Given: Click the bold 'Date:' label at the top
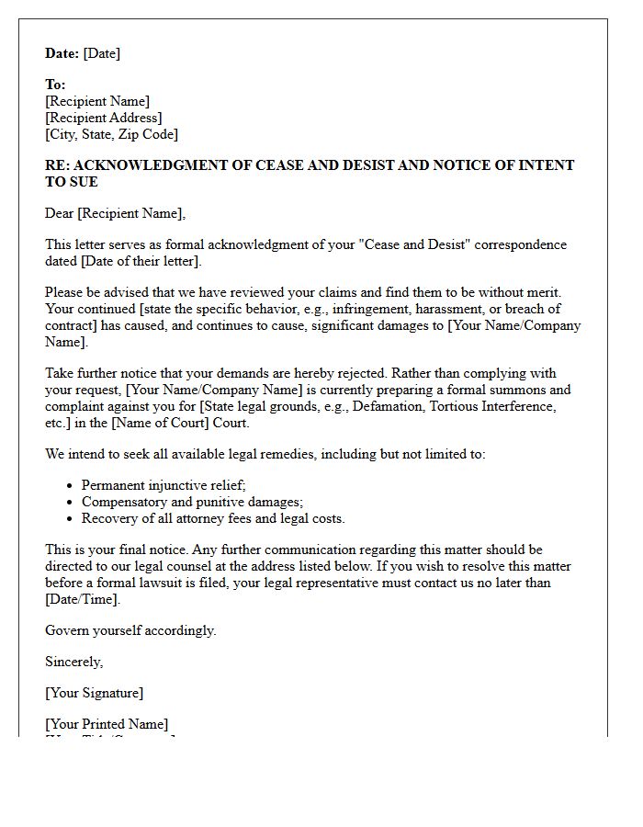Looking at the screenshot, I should pyautogui.click(x=62, y=53).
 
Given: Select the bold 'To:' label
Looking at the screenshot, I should pyautogui.click(x=55, y=85).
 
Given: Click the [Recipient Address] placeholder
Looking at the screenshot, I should pyautogui.click(x=103, y=118).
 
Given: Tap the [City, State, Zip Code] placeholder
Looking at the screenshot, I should pyautogui.click(x=111, y=134).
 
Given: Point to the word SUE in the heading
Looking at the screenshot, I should pyautogui.click(x=83, y=182).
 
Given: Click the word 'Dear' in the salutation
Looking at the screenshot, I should pyautogui.click(x=59, y=213).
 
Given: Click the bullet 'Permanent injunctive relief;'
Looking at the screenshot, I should pyautogui.click(x=164, y=485).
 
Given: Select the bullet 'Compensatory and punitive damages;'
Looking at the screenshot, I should pyautogui.click(x=192, y=502).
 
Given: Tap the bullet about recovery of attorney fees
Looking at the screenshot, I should pyautogui.click(x=213, y=518).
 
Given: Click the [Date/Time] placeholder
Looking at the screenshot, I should pyautogui.click(x=83, y=599).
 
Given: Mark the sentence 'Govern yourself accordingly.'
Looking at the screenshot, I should pyautogui.click(x=130, y=630).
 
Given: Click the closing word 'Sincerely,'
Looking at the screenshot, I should pyautogui.click(x=74, y=662).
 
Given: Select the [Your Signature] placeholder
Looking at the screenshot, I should pyautogui.click(x=94, y=693).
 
